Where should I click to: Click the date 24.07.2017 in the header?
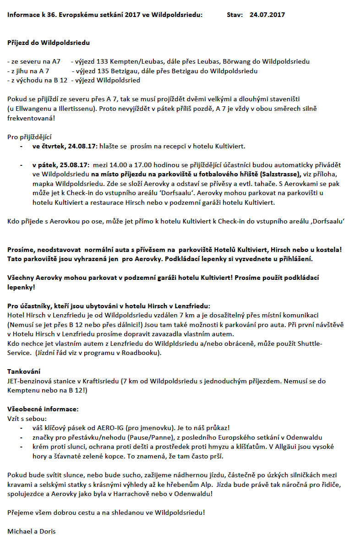point(267,15)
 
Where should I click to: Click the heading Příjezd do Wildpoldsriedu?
point(49,43)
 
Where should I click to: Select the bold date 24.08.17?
point(82,147)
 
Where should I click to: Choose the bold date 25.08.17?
point(75,165)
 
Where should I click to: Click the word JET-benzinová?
point(29,380)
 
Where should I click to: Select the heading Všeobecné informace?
point(43,409)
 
